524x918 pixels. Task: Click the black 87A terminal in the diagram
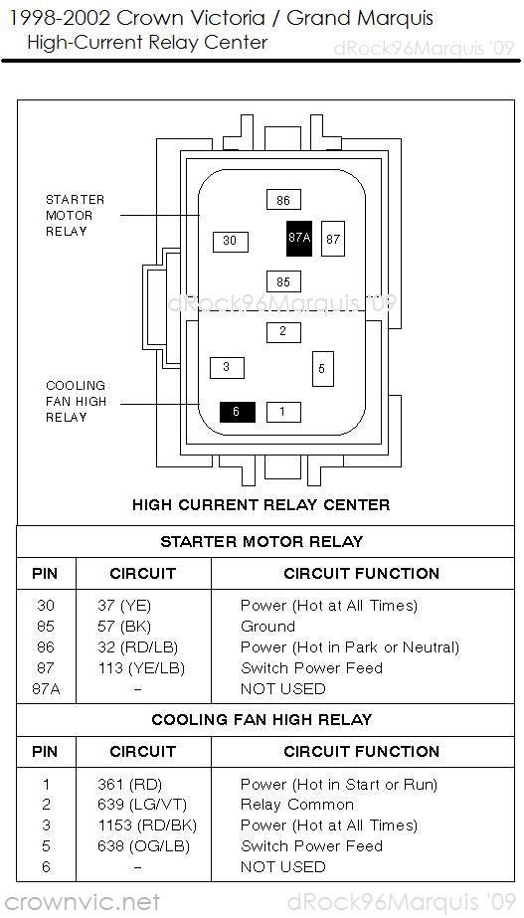click(298, 239)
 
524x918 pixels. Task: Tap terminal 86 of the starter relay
click(283, 200)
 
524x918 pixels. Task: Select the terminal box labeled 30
click(230, 242)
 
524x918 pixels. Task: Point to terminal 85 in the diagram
click(283, 281)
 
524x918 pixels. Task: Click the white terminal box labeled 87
click(333, 239)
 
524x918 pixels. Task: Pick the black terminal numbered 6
click(237, 412)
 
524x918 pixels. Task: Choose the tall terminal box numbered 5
click(322, 369)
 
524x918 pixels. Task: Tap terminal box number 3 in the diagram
click(227, 368)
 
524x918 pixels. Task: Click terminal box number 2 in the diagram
click(283, 332)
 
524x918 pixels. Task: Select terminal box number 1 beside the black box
click(283, 412)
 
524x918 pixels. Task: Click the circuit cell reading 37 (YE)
click(124, 606)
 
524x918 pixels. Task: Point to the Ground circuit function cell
click(267, 626)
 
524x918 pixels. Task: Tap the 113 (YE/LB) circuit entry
click(141, 668)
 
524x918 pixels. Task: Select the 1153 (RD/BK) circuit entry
click(147, 826)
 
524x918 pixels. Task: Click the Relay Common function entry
click(297, 805)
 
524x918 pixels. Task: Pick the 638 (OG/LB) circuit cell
click(143, 846)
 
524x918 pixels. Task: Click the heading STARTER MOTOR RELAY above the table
click(262, 541)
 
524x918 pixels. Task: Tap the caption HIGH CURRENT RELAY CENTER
click(262, 504)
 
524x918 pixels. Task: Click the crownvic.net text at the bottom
click(82, 902)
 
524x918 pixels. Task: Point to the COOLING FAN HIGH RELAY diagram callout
click(77, 402)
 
